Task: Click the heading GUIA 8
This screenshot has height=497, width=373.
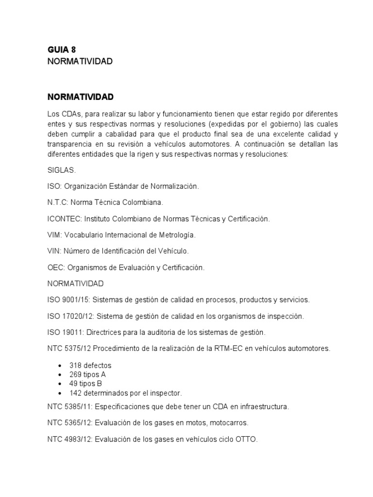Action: coord(61,49)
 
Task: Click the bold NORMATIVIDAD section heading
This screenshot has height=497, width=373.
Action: coord(80,97)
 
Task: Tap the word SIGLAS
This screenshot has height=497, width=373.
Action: coord(62,170)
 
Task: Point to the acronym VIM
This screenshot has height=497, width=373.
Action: coord(54,235)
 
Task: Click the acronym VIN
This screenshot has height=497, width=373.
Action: coord(54,251)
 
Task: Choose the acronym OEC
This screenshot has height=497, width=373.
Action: coord(55,267)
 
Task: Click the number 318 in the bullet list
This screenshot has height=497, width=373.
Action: coord(76,365)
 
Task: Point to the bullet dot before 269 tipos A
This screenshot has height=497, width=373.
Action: coord(59,375)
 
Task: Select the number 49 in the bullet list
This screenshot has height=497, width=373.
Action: coord(74,383)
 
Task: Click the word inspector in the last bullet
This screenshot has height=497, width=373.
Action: coord(167,393)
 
